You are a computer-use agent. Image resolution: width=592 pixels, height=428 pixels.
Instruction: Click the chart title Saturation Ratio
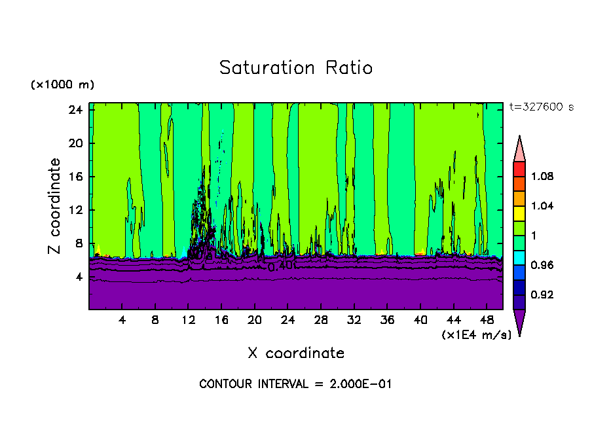[295, 68]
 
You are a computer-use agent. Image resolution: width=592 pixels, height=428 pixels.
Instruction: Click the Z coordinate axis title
[55, 206]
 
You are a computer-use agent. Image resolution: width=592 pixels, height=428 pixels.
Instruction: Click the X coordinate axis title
[296, 353]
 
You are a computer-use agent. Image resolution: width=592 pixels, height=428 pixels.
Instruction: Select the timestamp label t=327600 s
[541, 107]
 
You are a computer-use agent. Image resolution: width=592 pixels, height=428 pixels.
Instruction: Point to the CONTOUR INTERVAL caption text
[295, 384]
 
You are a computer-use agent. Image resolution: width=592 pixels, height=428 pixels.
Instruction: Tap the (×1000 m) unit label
[62, 85]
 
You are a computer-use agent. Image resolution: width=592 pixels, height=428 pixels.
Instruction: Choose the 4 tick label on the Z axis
[77, 277]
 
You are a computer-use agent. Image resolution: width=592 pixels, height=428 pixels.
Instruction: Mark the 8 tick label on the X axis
[155, 321]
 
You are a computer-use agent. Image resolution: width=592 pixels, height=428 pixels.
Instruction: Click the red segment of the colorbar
[519, 169]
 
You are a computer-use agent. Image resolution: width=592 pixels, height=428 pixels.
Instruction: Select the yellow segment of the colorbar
[519, 213]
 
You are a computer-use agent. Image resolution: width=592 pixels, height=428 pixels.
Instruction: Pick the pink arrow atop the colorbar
[519, 148]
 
